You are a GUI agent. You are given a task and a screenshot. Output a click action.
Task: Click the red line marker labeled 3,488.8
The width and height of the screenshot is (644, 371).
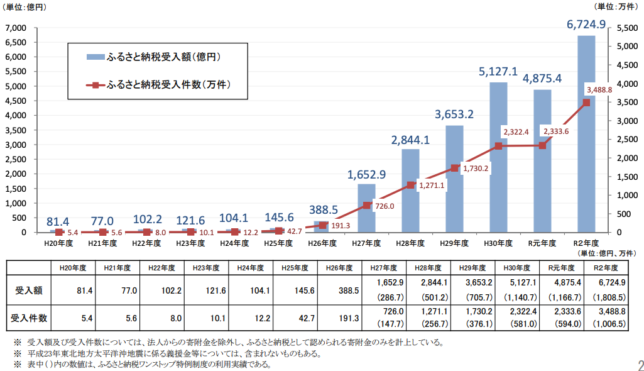(586, 102)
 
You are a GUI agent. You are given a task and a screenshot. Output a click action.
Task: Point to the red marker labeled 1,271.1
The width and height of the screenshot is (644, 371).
(410, 185)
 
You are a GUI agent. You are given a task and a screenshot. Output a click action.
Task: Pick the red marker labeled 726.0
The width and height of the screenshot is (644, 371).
(367, 205)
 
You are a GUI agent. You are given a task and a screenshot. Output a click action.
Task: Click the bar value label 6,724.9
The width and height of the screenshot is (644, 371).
(586, 25)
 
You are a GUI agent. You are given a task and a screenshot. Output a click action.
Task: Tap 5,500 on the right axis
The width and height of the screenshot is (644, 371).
(628, 28)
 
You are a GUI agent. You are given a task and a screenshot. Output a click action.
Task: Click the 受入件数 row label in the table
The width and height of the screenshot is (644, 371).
(29, 319)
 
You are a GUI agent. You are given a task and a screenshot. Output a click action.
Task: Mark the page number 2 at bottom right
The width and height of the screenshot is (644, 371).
(639, 364)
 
